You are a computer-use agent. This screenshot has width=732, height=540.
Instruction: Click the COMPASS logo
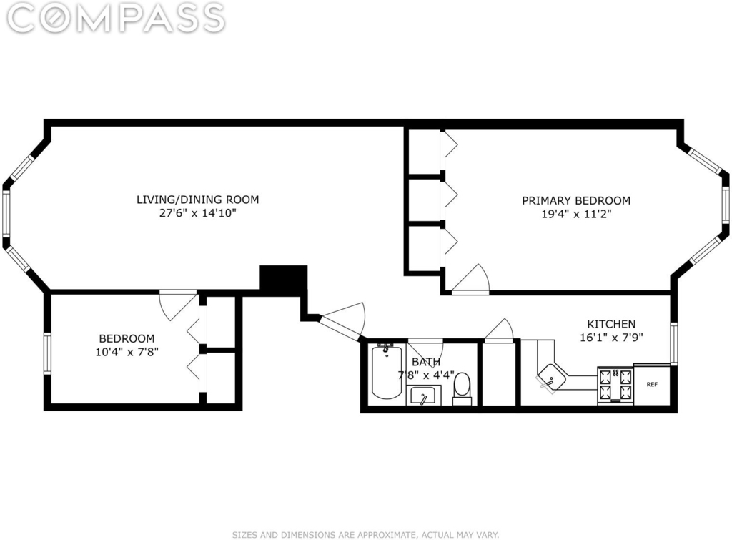tap(117, 18)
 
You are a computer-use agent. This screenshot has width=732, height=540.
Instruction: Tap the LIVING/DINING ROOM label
tap(197, 200)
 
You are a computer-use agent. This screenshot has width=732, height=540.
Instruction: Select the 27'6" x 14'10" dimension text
tap(197, 213)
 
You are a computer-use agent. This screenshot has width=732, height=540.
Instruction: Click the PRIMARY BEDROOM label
tap(576, 200)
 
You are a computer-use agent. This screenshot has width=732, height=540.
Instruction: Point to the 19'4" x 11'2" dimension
tap(576, 214)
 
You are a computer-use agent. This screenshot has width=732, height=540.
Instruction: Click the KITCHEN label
tap(611, 324)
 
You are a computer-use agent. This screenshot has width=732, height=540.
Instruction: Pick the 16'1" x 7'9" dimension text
tap(611, 338)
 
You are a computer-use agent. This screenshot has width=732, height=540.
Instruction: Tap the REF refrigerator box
tap(652, 384)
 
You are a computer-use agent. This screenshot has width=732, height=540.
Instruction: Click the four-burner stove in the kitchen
tap(615, 386)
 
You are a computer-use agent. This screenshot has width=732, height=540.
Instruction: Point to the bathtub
tap(387, 372)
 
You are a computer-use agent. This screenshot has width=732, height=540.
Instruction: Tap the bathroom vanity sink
tap(423, 396)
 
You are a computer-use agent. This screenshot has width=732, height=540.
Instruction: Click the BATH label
tap(426, 362)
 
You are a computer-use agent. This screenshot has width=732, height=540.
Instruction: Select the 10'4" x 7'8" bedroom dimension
tap(127, 352)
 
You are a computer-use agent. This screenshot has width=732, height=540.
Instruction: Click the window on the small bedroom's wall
tap(47, 353)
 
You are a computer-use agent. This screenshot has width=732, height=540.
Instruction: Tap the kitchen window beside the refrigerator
tap(673, 343)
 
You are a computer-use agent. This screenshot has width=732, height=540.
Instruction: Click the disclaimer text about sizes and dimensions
tap(365, 535)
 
